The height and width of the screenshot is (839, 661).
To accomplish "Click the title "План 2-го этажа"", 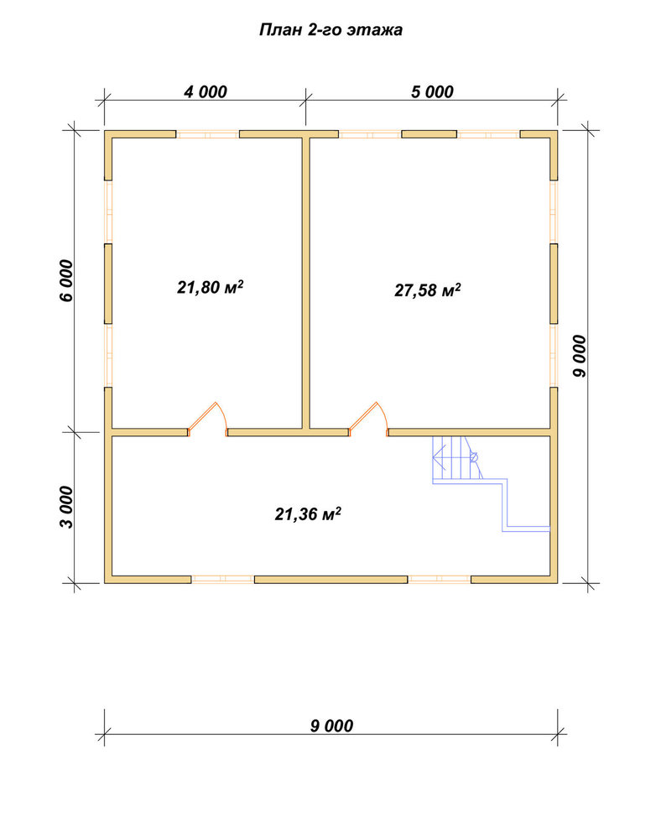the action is [330, 30].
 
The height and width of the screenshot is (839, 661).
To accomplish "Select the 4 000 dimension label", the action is [206, 92].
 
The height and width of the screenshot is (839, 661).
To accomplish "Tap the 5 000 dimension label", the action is [432, 92].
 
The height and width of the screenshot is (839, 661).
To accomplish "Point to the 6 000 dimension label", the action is [65, 280].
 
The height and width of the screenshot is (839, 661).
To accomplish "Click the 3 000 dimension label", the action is [65, 507].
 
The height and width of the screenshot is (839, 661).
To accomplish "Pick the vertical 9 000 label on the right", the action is [580, 357].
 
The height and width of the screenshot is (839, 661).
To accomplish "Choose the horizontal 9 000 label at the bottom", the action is [331, 726].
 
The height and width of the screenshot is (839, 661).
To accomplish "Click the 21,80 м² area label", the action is [211, 287].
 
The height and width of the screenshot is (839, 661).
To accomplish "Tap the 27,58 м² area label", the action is [428, 290].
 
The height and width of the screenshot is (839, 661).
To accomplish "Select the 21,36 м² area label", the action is [308, 514].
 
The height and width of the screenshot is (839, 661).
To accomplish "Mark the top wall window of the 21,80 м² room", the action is [208, 134].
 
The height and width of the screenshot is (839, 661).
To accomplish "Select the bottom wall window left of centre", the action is [223, 579].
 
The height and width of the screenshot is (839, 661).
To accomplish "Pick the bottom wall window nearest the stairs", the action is [439, 579].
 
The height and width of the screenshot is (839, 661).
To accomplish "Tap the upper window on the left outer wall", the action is [108, 212].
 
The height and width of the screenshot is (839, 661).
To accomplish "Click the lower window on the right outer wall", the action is [554, 355].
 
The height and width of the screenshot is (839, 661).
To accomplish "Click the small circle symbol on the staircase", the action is [473, 457].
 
